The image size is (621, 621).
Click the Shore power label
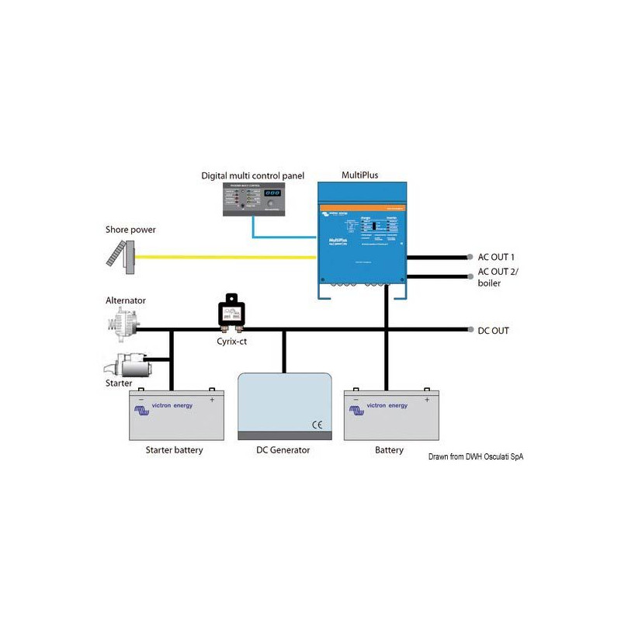(130, 229)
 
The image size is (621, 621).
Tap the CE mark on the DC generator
(317, 424)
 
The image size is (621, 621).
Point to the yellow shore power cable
(225, 256)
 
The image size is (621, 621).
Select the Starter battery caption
(174, 450)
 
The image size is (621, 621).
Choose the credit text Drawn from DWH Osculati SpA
(475, 457)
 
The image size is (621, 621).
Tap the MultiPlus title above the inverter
(360, 175)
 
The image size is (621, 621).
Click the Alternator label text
(126, 300)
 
